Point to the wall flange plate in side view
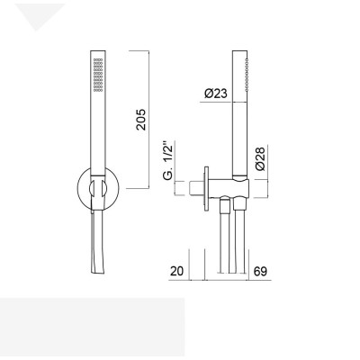click(x=209, y=186)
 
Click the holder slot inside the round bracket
click(x=99, y=189)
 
